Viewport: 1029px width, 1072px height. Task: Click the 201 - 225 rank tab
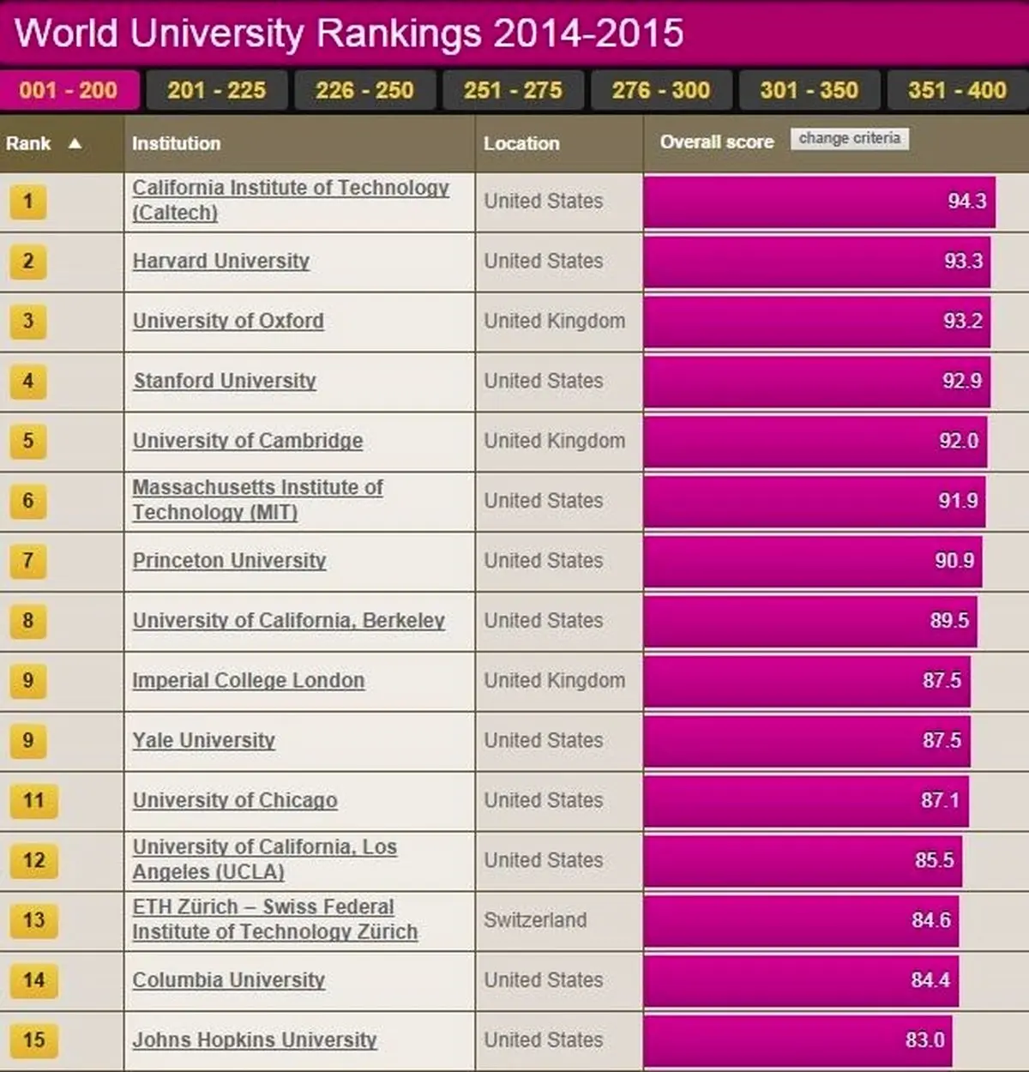point(216,90)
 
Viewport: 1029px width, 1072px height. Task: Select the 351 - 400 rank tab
point(957,90)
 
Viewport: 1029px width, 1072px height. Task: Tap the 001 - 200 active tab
point(69,90)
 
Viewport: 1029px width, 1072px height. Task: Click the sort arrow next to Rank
point(75,143)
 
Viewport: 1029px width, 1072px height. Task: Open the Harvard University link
point(220,261)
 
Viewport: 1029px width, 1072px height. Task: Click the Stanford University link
point(225,381)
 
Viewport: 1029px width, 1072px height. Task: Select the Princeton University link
point(229,561)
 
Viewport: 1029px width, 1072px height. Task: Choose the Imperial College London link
point(248,681)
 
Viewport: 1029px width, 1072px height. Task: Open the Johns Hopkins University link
point(255,1040)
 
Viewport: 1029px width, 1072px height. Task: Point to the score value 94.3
point(966,201)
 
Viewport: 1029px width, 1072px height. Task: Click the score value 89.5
point(949,620)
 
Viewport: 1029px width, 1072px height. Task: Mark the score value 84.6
point(930,920)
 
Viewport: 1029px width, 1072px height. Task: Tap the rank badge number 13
point(33,920)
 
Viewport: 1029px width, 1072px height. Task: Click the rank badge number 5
point(28,441)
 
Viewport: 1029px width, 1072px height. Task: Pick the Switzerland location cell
point(535,920)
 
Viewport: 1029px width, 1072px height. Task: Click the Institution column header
point(176,143)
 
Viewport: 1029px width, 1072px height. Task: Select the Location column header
point(521,143)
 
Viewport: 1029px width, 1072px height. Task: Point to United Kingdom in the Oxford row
point(554,321)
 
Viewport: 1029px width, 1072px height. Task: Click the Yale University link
point(203,740)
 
